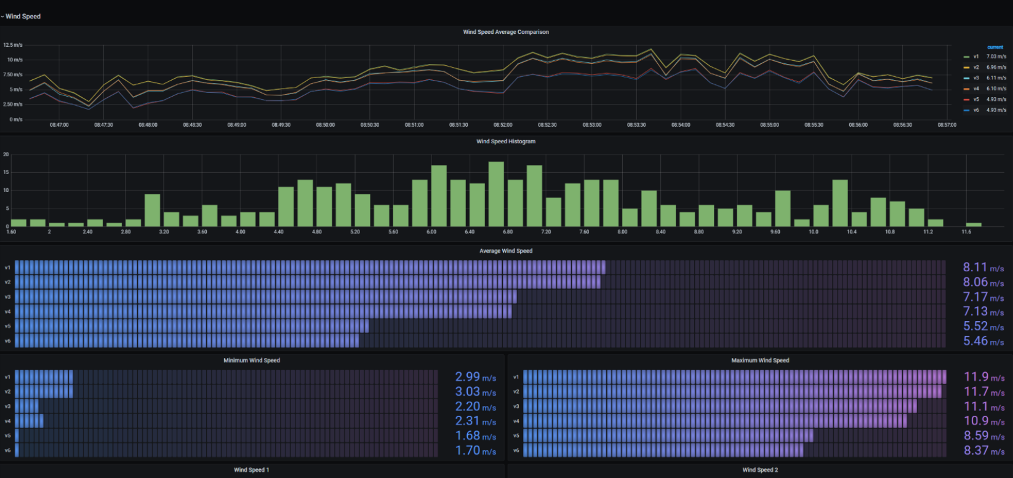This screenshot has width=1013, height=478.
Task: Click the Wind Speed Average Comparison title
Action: [x=506, y=32]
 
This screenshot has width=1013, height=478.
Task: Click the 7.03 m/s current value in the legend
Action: [x=996, y=57]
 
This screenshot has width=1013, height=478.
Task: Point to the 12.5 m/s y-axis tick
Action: [x=13, y=45]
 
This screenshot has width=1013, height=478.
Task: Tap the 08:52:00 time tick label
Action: [x=503, y=125]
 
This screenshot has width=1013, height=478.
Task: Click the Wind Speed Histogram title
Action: [x=506, y=141]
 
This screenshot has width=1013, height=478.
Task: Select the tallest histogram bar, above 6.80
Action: [x=496, y=194]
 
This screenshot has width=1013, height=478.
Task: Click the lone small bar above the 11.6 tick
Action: [x=974, y=224]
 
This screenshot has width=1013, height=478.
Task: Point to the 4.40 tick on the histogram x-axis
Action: [x=278, y=232]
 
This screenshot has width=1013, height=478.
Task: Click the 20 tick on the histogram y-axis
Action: [x=6, y=154]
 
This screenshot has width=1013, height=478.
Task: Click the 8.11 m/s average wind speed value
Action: [x=983, y=268]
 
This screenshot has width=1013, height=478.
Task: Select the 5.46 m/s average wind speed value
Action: [x=983, y=341]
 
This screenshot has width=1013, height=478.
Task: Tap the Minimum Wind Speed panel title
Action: [x=251, y=360]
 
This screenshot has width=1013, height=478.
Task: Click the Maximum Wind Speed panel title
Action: [x=760, y=360]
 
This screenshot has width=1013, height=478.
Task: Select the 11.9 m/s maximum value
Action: [x=983, y=377]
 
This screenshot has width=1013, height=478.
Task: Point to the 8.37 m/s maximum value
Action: [x=983, y=450]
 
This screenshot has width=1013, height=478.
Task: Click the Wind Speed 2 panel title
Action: [x=760, y=470]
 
